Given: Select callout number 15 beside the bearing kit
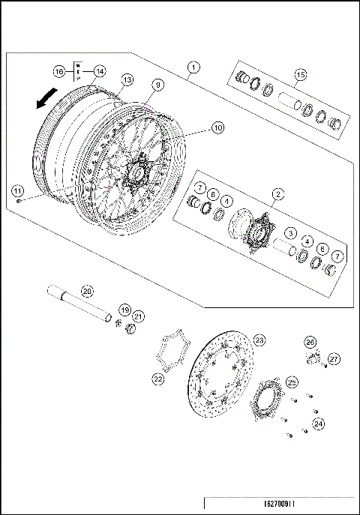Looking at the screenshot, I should [x=301, y=74].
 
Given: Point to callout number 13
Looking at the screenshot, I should [x=127, y=79].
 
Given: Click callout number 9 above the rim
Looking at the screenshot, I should [x=158, y=85].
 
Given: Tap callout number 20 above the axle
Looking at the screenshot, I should [x=87, y=290].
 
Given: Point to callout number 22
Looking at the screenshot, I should [x=157, y=380].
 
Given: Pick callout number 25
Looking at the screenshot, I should [x=292, y=381].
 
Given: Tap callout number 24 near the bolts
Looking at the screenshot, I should [x=318, y=424].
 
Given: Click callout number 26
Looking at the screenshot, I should [x=310, y=343].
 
